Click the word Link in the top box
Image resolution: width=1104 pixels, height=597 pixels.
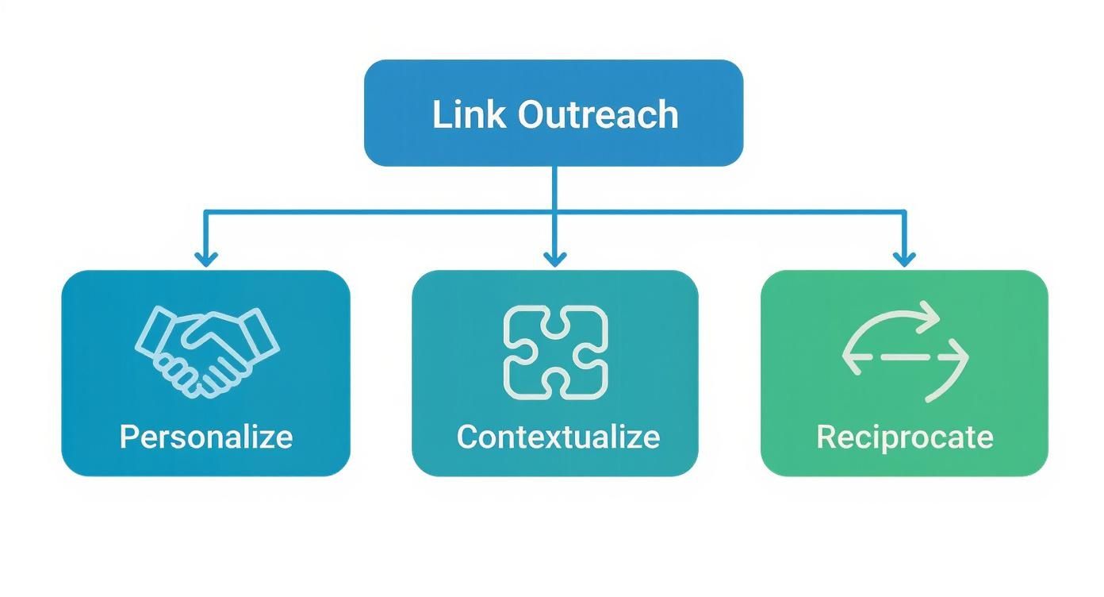click(467, 114)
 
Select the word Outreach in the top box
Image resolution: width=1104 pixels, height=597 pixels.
click(598, 114)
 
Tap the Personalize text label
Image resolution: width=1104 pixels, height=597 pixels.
click(206, 437)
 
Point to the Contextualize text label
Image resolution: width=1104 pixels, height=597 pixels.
click(558, 437)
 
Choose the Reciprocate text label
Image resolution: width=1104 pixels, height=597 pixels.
click(904, 437)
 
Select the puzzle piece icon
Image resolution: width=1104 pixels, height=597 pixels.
click(555, 352)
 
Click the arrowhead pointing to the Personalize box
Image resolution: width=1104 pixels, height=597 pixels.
click(205, 259)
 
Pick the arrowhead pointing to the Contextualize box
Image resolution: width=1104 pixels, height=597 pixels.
click(554, 259)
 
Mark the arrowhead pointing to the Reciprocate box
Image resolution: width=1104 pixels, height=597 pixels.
click(904, 259)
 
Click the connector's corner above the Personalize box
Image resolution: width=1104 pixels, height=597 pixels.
click(205, 212)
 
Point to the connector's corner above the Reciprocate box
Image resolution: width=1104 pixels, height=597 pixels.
click(904, 212)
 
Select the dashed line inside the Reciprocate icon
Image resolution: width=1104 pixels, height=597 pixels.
click(904, 357)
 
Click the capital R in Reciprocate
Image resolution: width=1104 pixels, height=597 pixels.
click(826, 437)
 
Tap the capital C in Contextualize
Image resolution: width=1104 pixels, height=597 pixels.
click(467, 437)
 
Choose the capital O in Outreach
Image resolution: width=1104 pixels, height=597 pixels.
click(532, 114)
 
